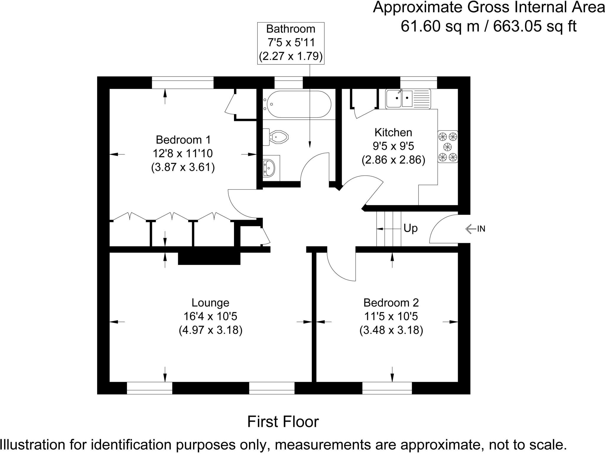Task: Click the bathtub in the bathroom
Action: pos(298,104)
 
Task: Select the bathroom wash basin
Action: pos(269,168)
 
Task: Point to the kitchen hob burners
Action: pos(448,147)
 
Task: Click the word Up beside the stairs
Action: pos(410,228)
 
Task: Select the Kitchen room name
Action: pos(393,133)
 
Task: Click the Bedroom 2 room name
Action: pos(391,303)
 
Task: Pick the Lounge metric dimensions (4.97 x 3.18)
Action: pos(210,330)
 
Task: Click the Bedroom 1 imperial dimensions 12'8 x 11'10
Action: pos(183,154)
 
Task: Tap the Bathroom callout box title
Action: pos(291,29)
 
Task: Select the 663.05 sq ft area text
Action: pos(535,27)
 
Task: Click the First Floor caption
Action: pos(283,422)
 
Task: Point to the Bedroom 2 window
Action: pos(387,388)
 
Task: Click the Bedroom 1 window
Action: pos(183,83)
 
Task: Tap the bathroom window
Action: pos(289,83)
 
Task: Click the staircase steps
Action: pos(388,229)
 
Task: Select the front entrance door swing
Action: pos(442,230)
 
